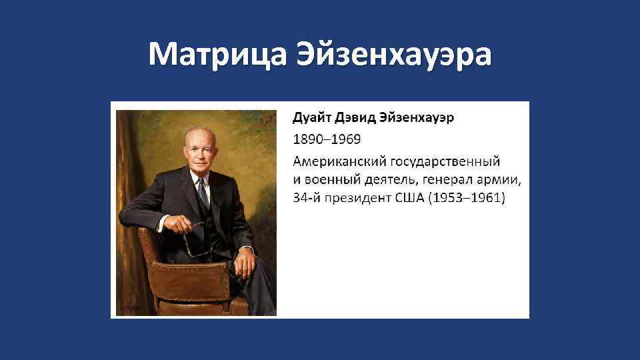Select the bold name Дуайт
coord(310,119)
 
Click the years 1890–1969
coord(327,139)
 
